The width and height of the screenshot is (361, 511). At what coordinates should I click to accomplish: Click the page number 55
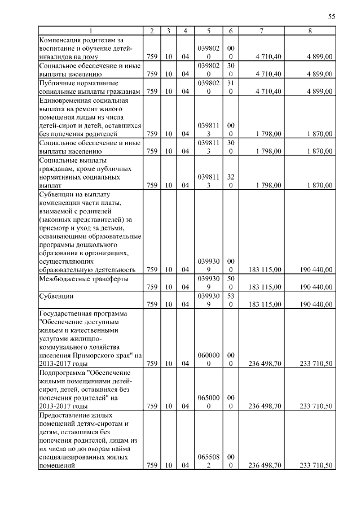pos(332,17)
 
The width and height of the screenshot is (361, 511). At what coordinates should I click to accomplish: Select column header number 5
pos(209,30)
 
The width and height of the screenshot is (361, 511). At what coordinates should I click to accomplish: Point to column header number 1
pos(90,30)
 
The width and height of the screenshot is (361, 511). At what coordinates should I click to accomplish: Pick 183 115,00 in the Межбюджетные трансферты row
pos(265,287)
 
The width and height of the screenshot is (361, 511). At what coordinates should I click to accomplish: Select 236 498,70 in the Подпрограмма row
pos(265,406)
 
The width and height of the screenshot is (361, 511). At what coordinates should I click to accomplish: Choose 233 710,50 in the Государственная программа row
pos(316,364)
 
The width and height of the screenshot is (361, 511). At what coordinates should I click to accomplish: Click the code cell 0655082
pos(209,461)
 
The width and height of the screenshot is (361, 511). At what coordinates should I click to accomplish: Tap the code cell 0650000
pos(209,401)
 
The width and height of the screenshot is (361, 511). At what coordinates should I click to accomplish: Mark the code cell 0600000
pos(209,360)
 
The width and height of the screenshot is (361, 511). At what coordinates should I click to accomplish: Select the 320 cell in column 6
pos(230,180)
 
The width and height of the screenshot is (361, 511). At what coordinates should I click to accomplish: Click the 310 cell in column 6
pos(230,86)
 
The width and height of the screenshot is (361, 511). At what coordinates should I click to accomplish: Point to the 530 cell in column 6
pos(230,300)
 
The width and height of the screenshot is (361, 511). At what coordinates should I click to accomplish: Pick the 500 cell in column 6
pos(230,283)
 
